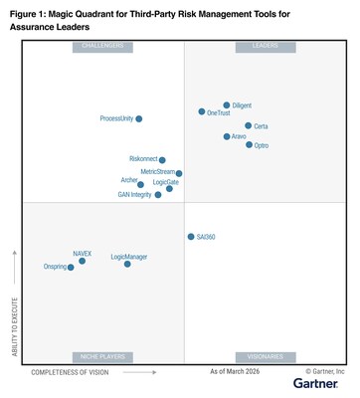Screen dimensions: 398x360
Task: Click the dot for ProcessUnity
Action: pyautogui.click(x=138, y=118)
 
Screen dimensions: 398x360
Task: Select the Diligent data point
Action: pyautogui.click(x=227, y=104)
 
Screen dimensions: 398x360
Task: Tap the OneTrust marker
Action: pyautogui.click(x=202, y=111)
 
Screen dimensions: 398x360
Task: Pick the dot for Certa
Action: pyautogui.click(x=248, y=125)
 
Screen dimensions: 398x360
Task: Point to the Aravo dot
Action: pyautogui.click(x=227, y=136)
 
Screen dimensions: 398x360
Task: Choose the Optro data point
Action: pyautogui.click(x=249, y=145)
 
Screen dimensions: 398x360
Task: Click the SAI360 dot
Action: pyautogui.click(x=191, y=237)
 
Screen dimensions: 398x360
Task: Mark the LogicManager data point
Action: pyautogui.click(x=127, y=264)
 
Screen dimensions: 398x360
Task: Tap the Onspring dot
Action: pyautogui.click(x=71, y=267)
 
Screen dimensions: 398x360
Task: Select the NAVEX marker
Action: pyautogui.click(x=83, y=261)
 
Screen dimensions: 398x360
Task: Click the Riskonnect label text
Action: pyautogui.click(x=143, y=159)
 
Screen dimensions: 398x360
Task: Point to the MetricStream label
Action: pyautogui.click(x=157, y=172)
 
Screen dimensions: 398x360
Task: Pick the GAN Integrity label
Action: pyautogui.click(x=134, y=194)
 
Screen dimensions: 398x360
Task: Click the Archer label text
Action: pyautogui.click(x=129, y=181)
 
